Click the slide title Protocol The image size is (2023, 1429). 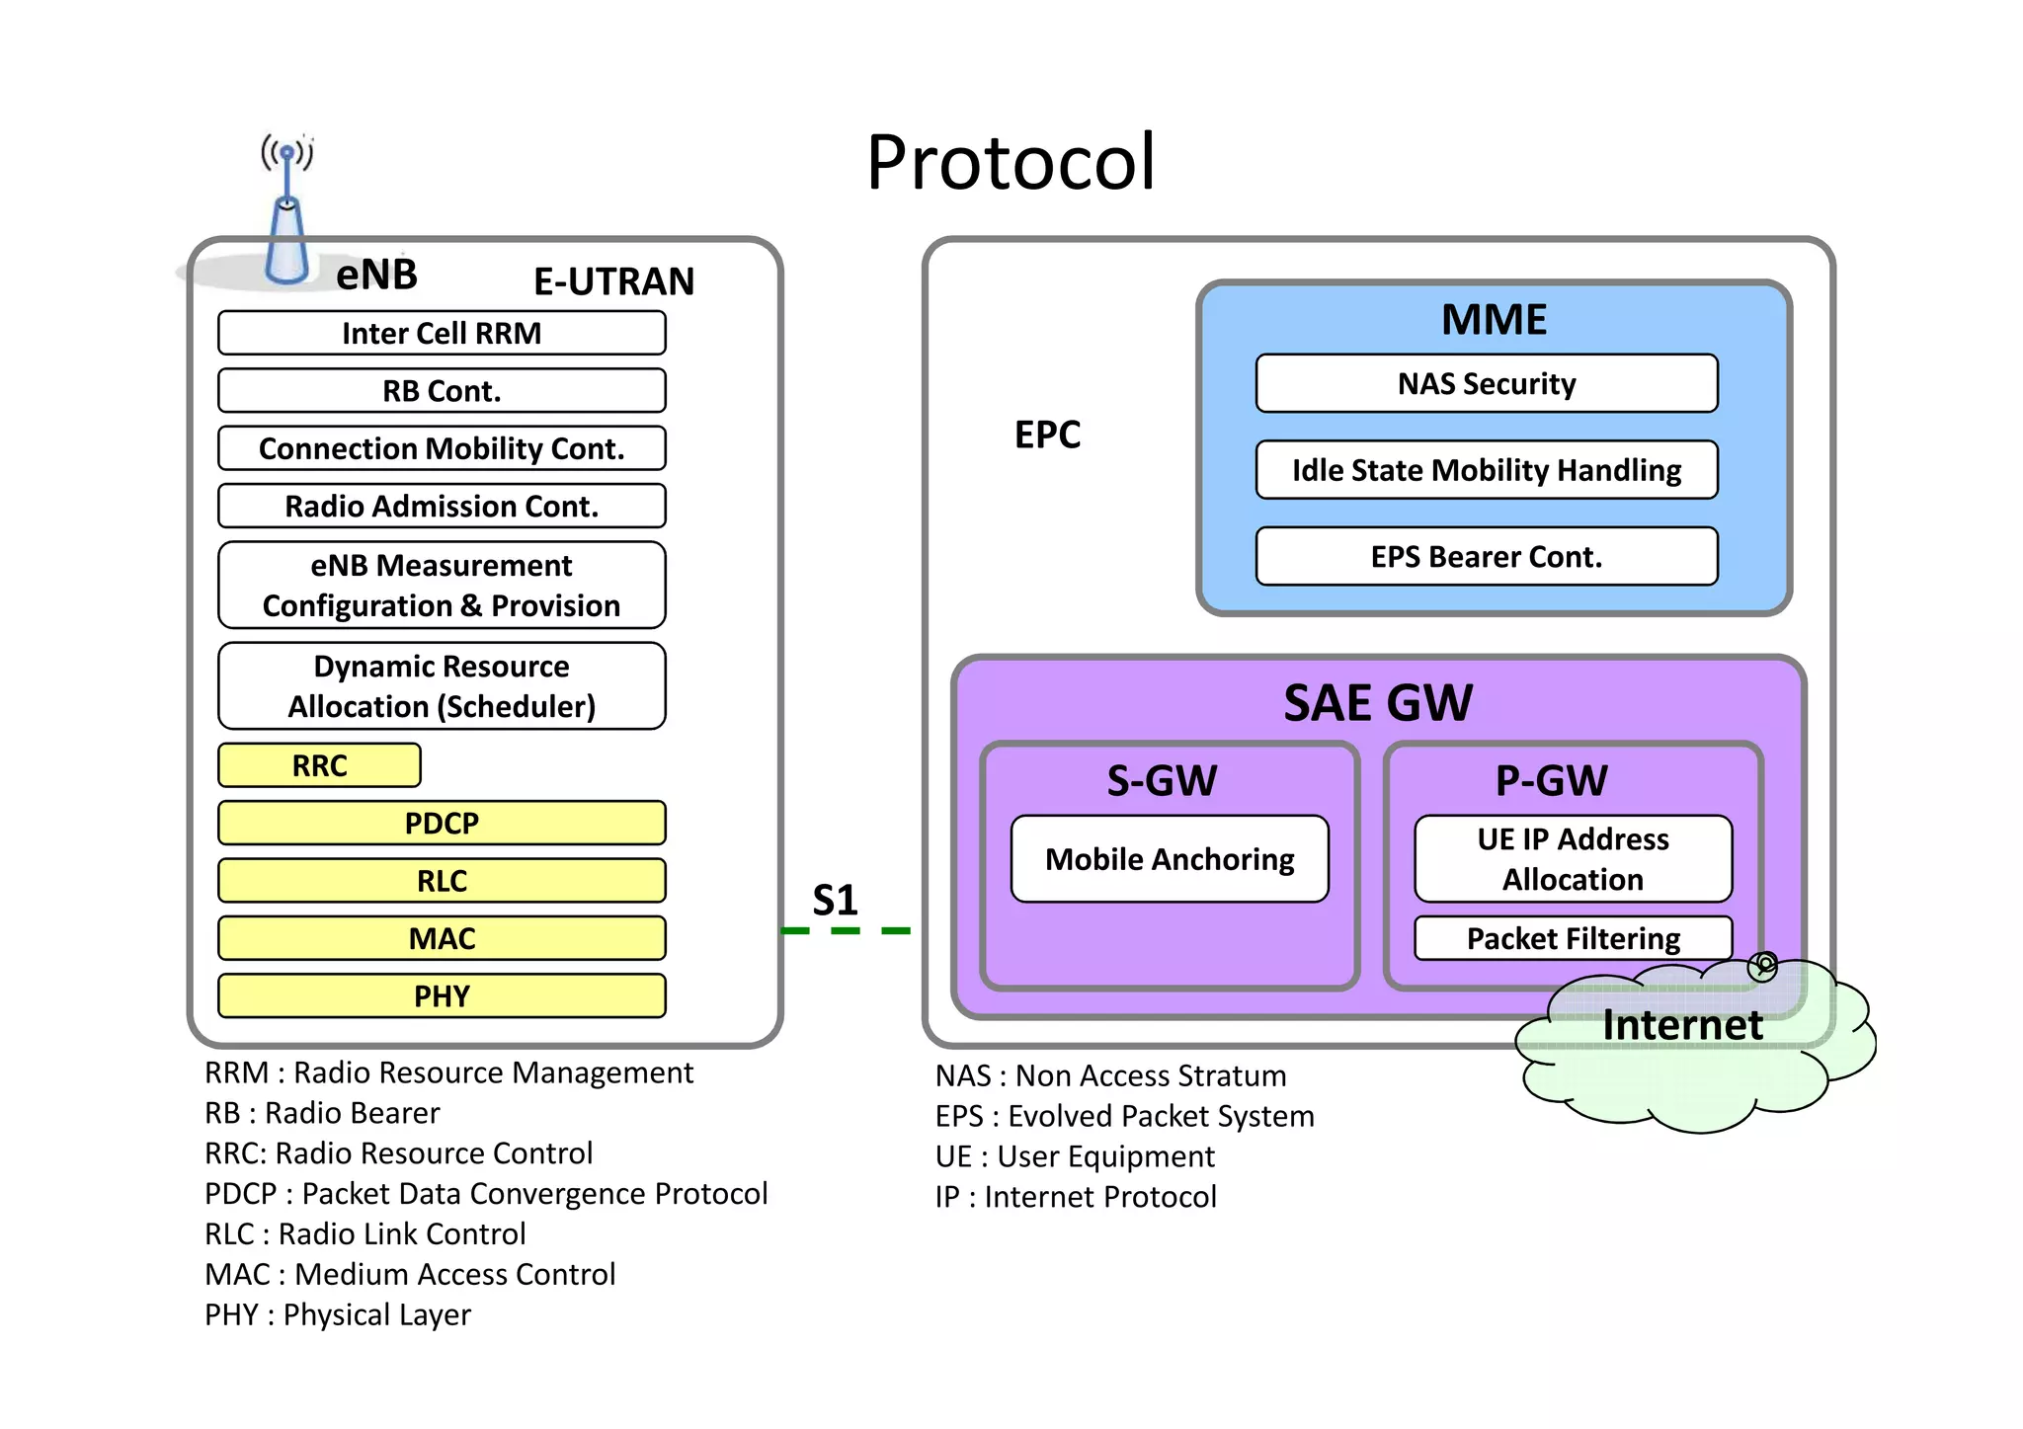coord(1011,163)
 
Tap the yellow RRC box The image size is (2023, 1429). coord(319,765)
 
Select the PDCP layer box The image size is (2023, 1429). coord(442,823)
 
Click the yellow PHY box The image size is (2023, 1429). coord(442,995)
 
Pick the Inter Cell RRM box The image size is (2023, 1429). coord(442,333)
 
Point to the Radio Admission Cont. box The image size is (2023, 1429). coord(442,506)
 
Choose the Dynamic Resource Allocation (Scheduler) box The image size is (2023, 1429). coord(442,686)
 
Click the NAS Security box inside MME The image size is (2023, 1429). coord(1487,383)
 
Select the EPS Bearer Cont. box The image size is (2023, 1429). coord(1487,557)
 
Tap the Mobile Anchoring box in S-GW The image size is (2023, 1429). coord(1170,859)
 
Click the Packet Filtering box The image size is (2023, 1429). coord(1573,938)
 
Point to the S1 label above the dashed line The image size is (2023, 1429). coord(835,900)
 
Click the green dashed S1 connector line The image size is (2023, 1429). coord(846,930)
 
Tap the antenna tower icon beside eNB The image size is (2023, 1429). coord(286,217)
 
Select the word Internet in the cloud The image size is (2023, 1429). coord(1682,1025)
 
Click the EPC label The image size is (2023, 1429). coord(1047,435)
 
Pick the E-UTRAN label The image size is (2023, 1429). coord(613,281)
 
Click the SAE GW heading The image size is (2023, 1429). coord(1378,703)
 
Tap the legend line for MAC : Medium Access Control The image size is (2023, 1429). coord(410,1274)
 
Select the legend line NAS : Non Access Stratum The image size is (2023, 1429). coord(1110,1075)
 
